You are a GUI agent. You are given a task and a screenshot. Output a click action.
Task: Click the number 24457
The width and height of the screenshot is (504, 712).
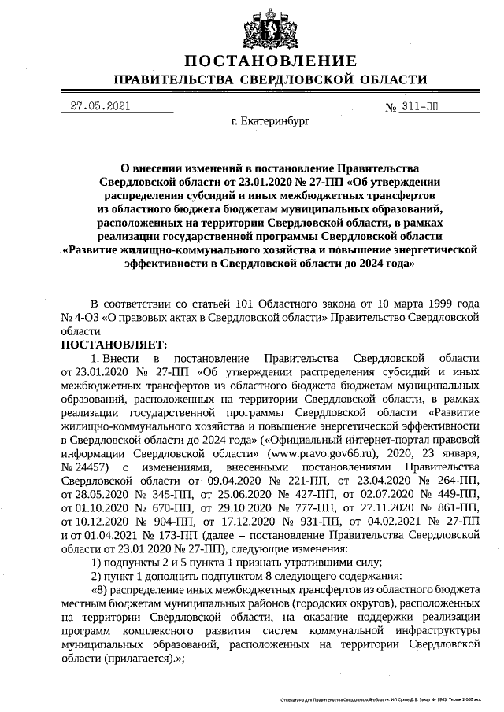pos(83,467)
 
